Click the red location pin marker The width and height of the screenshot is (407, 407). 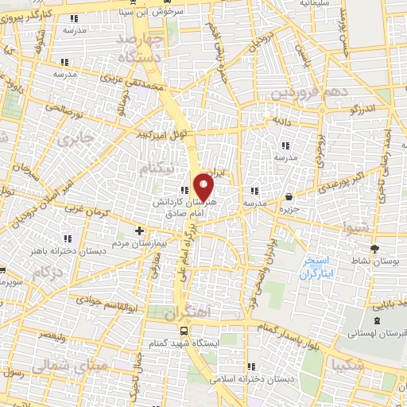204,188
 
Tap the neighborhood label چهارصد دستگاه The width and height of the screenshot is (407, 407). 139,48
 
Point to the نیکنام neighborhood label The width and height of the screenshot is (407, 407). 154,169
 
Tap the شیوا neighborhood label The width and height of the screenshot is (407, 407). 354,227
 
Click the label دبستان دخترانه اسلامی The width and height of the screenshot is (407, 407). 258,380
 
